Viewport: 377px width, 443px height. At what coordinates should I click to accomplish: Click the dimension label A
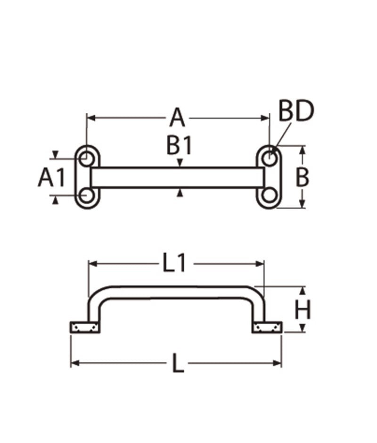[x=178, y=118]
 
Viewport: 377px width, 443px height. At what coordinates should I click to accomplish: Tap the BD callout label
[x=296, y=111]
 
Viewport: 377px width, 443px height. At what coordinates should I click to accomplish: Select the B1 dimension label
[x=179, y=145]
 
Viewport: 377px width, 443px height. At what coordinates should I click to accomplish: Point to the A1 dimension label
[x=52, y=177]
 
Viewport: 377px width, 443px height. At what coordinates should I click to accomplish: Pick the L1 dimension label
[x=174, y=263]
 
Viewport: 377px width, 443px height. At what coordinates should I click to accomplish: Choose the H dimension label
[x=302, y=309]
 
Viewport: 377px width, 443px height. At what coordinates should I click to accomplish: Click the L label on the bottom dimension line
[x=178, y=363]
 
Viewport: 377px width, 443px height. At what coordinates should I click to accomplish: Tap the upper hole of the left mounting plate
[x=87, y=159]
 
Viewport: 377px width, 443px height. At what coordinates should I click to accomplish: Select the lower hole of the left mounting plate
[x=87, y=195]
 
